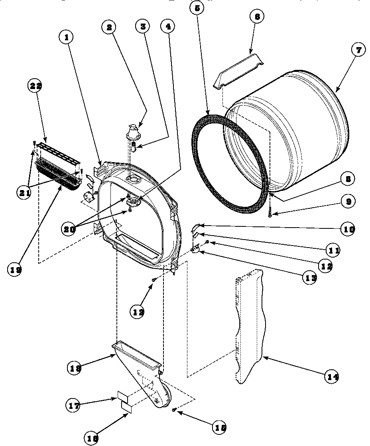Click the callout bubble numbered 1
point(67,38)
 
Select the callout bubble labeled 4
point(168,27)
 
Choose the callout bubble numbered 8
point(348,179)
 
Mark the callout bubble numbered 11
point(334,251)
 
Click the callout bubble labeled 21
point(24,192)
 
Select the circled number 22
point(35,85)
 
